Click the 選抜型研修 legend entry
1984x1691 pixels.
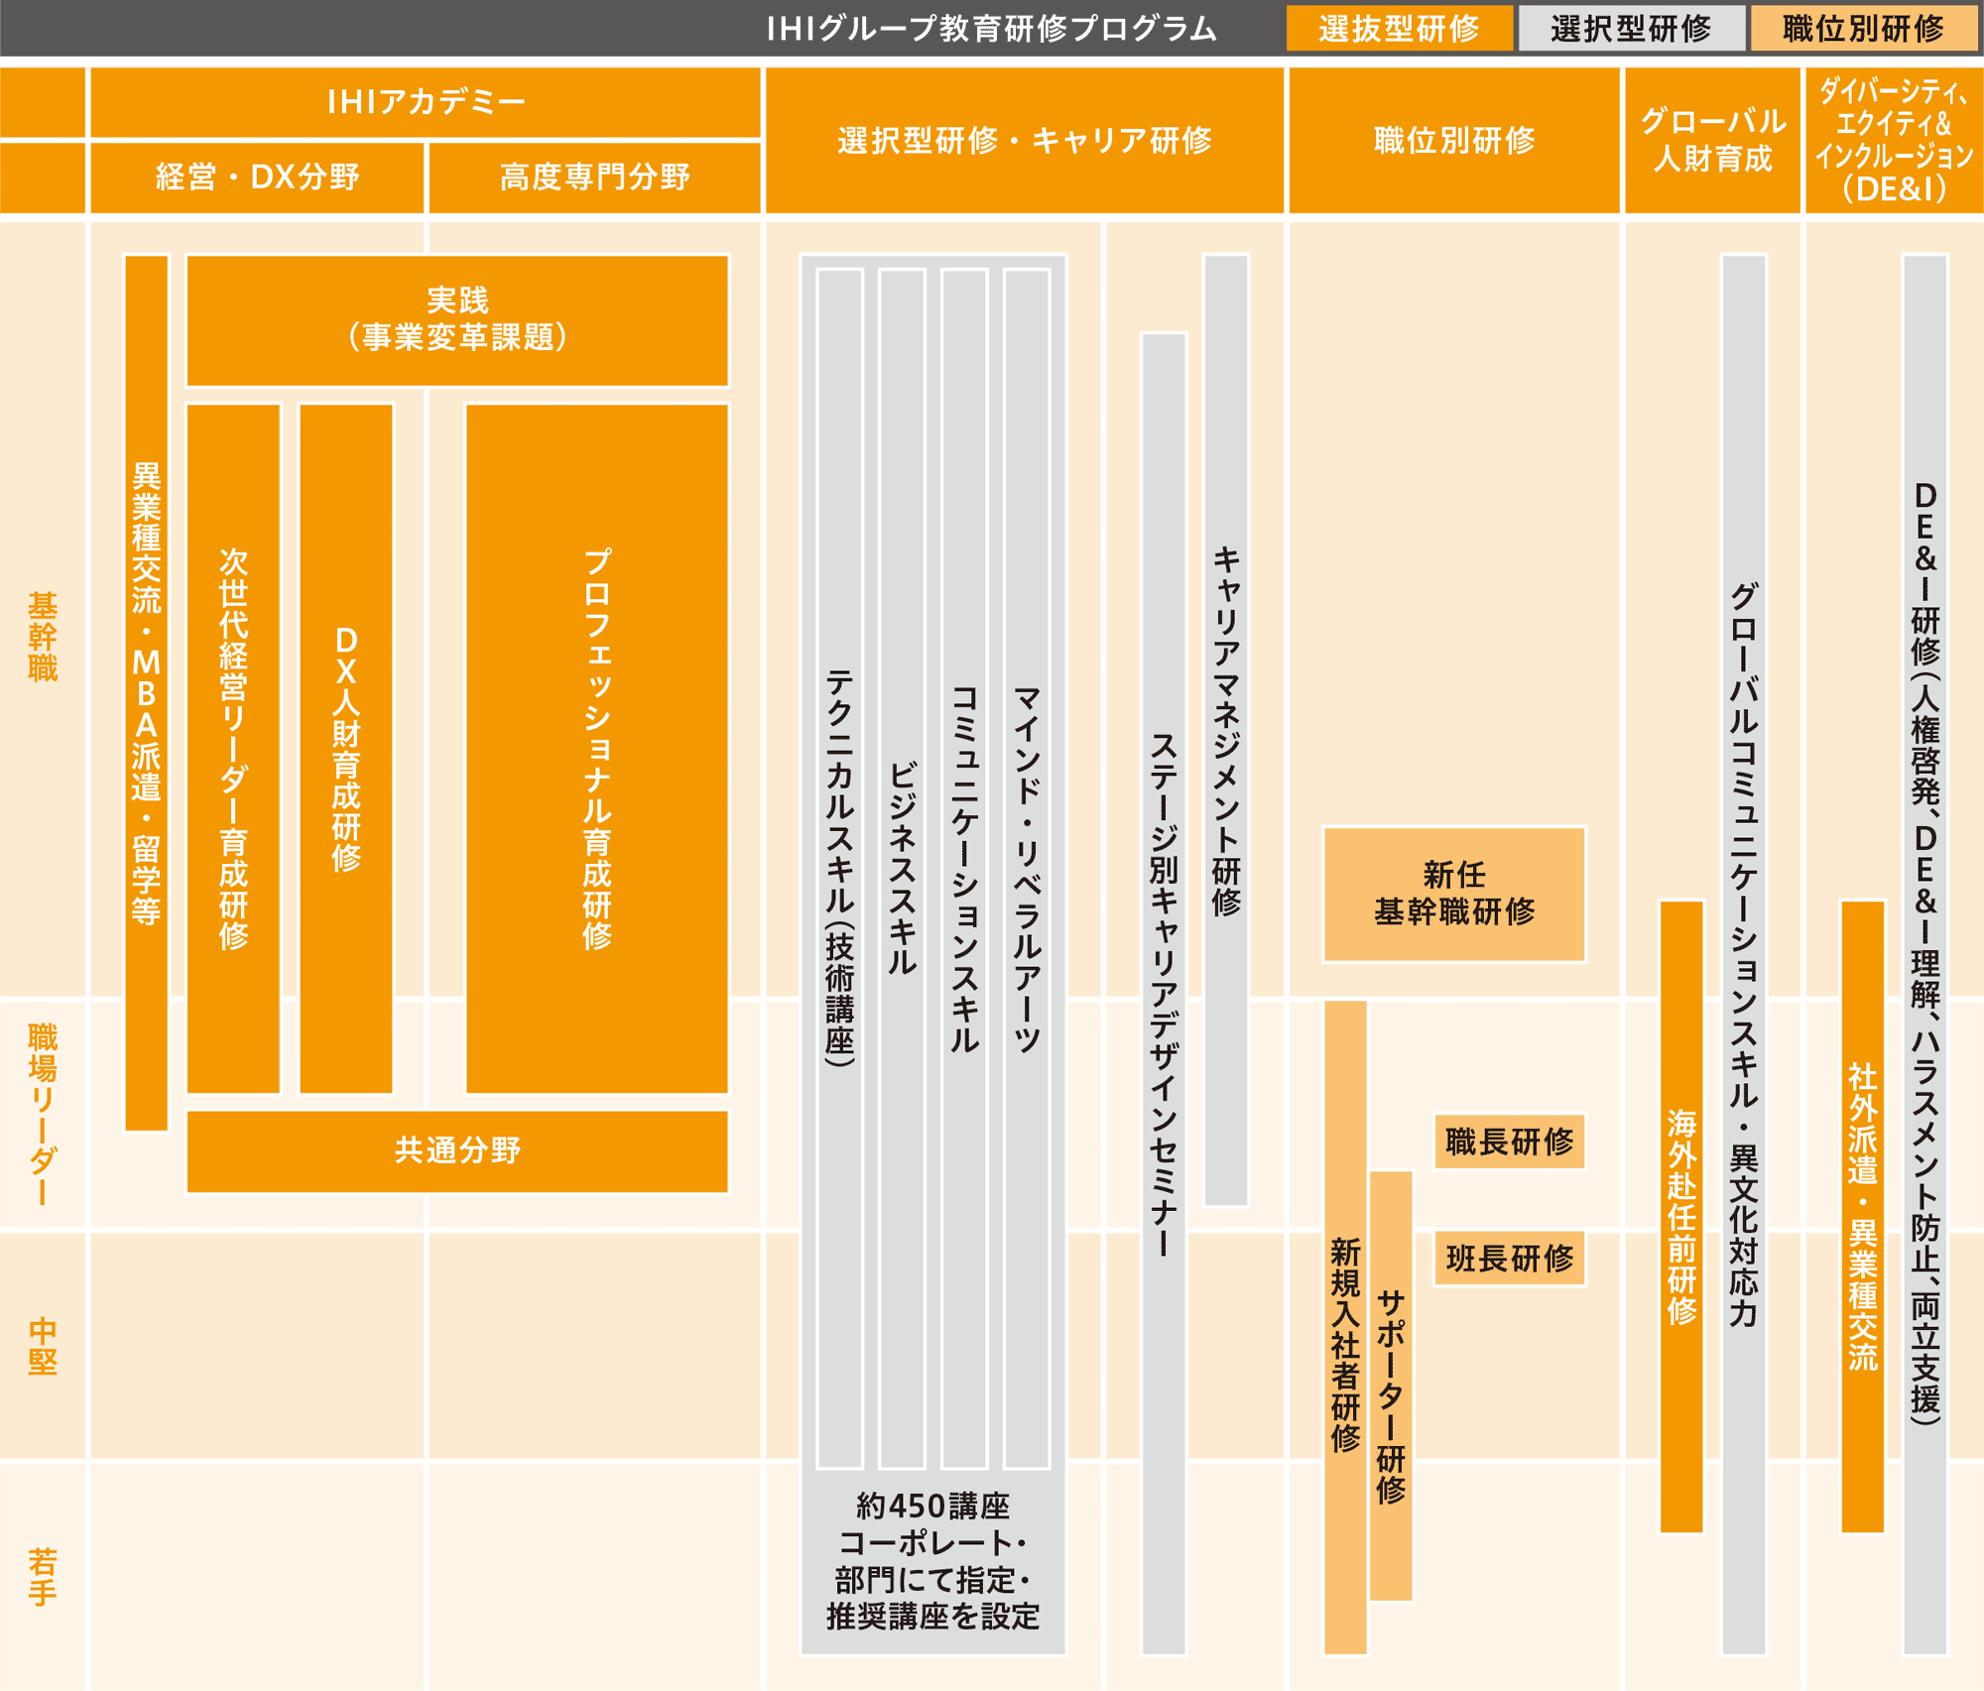point(1399,28)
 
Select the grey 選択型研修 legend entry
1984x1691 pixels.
point(1631,28)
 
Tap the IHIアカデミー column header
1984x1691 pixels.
point(426,101)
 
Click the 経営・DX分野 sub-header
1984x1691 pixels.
point(257,177)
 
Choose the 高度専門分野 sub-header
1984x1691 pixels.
point(594,177)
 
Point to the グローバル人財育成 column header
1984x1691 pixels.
point(1712,140)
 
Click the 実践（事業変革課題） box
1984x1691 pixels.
point(457,319)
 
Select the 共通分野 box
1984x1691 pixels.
point(457,1150)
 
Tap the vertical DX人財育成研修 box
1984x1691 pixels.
point(346,749)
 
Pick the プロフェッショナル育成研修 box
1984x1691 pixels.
point(597,749)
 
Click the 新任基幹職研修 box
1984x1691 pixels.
point(1454,894)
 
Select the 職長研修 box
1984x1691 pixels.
point(1510,1142)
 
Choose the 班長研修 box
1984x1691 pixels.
point(1510,1259)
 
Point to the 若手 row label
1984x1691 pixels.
point(43,1577)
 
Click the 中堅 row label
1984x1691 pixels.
point(43,1346)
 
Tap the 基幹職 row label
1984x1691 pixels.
point(43,637)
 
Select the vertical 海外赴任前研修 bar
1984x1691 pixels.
point(1681,1217)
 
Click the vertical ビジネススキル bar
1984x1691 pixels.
point(902,868)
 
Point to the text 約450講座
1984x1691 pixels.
point(932,1507)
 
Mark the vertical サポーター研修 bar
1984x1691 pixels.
point(1391,1386)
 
